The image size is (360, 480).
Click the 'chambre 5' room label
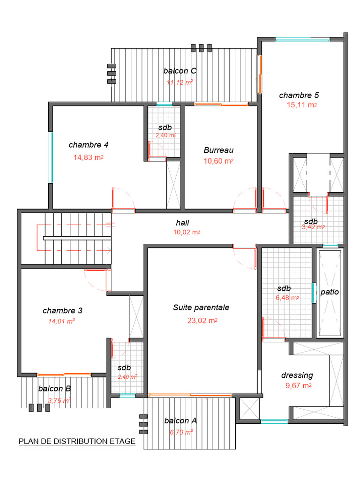[x=299, y=95]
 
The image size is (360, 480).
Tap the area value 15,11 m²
[x=301, y=105]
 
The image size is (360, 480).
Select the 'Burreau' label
[x=218, y=150]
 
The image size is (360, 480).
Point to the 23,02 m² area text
[x=202, y=321]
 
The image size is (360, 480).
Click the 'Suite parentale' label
[x=201, y=308]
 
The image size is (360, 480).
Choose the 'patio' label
[x=330, y=292]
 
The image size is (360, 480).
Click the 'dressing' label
[x=297, y=375]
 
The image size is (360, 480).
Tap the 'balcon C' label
[x=180, y=71]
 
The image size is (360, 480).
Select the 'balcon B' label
[x=54, y=389]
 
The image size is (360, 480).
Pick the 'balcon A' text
[x=180, y=421]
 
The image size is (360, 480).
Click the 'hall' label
[x=182, y=223]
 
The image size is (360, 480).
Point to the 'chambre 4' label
[x=89, y=145]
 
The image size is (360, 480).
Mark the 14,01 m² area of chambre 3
[x=61, y=322]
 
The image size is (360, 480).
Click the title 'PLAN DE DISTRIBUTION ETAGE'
[x=77, y=442]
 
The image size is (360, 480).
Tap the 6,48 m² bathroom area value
[x=287, y=298]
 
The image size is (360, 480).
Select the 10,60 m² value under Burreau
[x=218, y=161]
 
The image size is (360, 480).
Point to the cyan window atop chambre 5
[x=302, y=40]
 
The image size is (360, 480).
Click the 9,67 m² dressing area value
[x=299, y=386]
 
